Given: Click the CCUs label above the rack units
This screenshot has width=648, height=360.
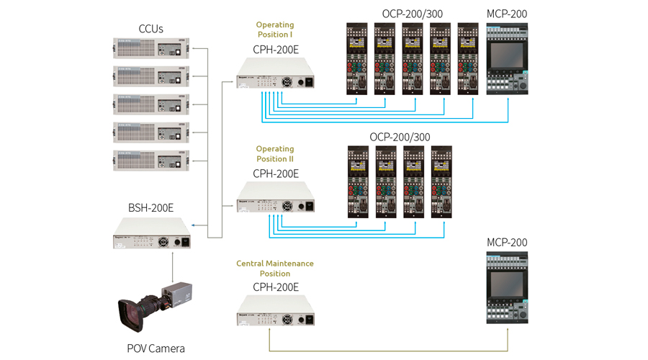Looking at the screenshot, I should [x=150, y=29].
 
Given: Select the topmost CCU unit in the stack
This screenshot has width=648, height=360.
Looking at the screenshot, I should [x=150, y=50].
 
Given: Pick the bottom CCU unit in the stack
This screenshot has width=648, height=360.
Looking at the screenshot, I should [x=150, y=159].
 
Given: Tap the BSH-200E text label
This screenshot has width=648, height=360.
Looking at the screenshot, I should [x=150, y=208].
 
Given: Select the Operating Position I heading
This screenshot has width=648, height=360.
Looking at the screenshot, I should [x=275, y=30].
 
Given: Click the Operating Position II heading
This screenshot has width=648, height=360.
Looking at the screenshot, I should [x=275, y=154].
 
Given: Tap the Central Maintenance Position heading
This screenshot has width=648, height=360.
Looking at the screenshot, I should [x=275, y=269].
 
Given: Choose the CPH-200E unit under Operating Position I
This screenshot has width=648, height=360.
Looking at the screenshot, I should [x=275, y=76].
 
